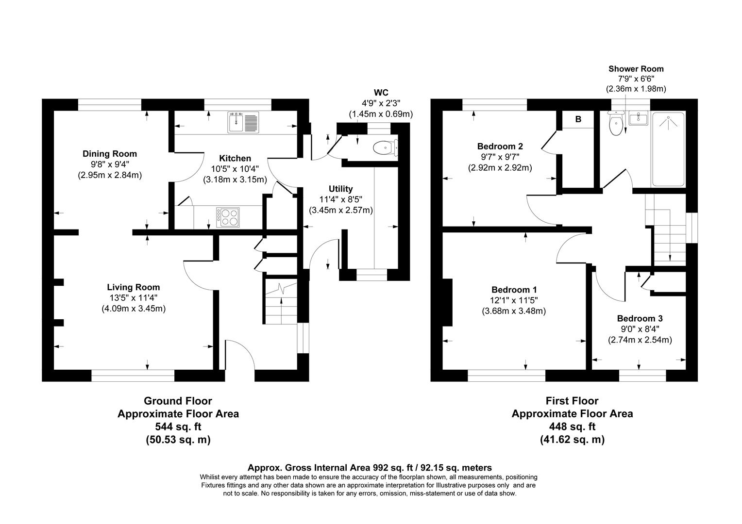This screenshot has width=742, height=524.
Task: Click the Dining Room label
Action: coord(109,154)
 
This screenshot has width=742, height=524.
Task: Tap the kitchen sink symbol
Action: coord(244,122)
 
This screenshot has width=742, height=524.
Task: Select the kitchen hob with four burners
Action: coord(229,217)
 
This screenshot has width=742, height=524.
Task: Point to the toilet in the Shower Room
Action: coord(616,124)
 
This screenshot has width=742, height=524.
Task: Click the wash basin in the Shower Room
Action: coord(638,118)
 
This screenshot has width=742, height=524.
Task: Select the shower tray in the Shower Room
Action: coord(668,148)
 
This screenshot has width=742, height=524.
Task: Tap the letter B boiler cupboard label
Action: coord(578,119)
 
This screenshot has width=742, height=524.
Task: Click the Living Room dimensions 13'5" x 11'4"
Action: coord(133,298)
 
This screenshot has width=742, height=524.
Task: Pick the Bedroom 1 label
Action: coord(513,290)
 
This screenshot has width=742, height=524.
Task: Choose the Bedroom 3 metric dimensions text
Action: coord(640,340)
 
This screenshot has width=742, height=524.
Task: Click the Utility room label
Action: coord(340,189)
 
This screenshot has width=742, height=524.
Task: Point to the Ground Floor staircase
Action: coord(280,303)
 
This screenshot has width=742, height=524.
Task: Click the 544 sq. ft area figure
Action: coord(178,427)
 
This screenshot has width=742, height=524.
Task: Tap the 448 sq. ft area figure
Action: coord(572,427)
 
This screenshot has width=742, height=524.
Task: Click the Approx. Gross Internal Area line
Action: coord(370,468)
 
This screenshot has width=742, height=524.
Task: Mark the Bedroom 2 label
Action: coord(500,146)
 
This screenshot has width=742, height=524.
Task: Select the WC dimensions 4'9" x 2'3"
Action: coord(381,103)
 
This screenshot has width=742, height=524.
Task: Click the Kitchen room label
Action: coord(235,158)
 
